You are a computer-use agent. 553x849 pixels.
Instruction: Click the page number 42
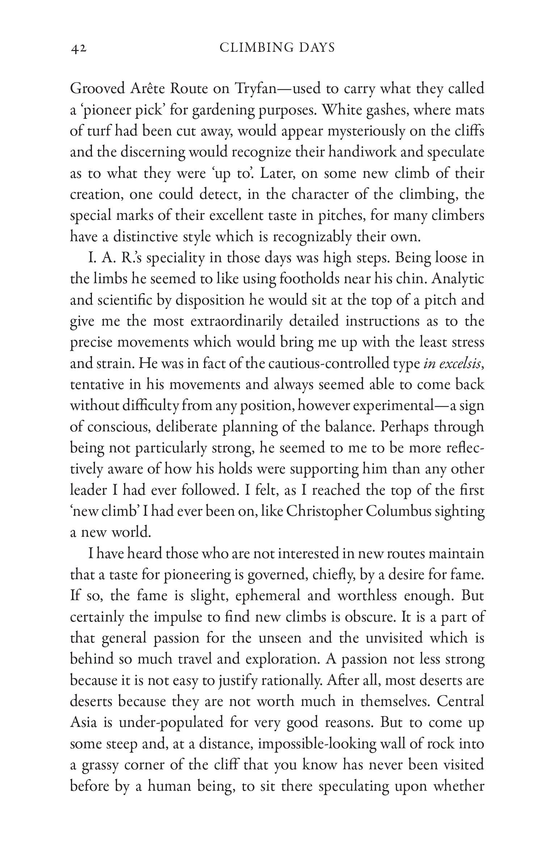pyautogui.click(x=79, y=48)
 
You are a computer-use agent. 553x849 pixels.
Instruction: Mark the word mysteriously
pyautogui.click(x=366, y=131)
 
